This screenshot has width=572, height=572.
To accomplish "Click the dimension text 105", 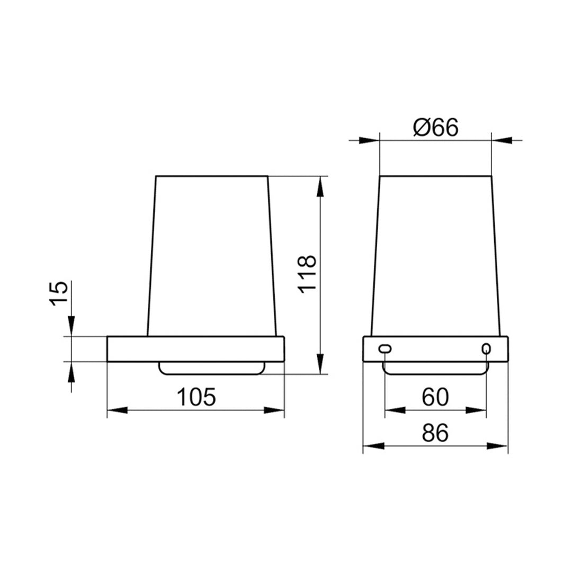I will [196, 397].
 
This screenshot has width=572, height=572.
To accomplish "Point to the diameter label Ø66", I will [435, 128].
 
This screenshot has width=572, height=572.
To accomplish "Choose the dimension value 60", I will [435, 397].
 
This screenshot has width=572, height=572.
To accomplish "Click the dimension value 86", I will [435, 433].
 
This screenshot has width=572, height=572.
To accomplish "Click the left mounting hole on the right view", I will [385, 348].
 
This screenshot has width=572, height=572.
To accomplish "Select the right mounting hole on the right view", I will [486, 348].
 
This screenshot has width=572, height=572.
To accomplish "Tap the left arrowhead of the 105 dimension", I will [117, 410].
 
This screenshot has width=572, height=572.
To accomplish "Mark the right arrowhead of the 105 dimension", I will [274, 410].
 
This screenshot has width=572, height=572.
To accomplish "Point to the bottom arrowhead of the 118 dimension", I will [319, 364].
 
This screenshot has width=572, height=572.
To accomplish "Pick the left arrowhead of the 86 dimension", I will [373, 446].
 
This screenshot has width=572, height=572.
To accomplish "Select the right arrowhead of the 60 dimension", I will [476, 410].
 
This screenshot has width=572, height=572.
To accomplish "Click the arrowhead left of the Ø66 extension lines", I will [369, 140].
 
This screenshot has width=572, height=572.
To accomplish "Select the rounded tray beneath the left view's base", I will [212, 368].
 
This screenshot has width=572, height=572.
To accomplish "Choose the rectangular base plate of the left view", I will [196, 349].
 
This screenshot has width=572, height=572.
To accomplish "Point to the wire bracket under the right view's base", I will [435, 372].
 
